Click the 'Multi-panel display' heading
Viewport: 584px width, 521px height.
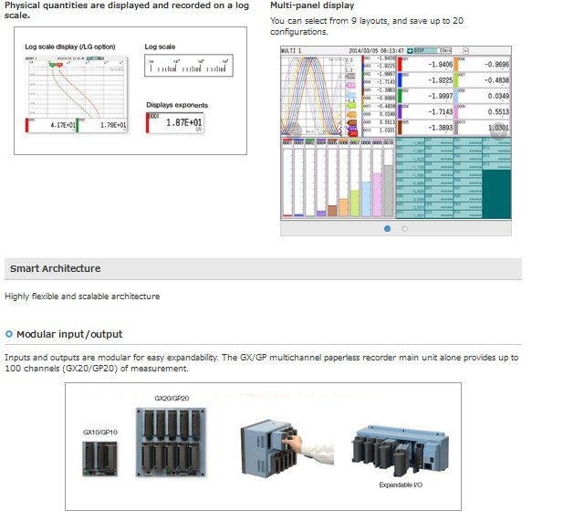point(312,5)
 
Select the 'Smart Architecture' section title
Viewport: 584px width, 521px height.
point(55,268)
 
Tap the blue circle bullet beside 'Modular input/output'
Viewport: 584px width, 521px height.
point(9,334)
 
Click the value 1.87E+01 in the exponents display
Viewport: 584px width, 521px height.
point(183,122)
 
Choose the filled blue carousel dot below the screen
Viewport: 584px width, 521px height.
point(387,228)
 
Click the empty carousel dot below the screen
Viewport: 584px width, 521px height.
point(404,228)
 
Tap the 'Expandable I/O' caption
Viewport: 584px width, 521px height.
point(402,485)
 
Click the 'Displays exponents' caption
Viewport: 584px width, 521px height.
point(177,105)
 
